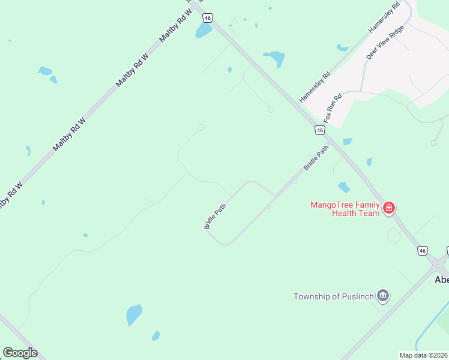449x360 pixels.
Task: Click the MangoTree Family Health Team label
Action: [345, 209]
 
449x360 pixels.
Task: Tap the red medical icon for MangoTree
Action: [389, 208]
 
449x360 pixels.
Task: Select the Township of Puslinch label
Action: [333, 296]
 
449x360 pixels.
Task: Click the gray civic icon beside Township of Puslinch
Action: [383, 296]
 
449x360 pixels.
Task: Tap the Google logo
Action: [20, 352]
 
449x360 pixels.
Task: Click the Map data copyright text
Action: [424, 355]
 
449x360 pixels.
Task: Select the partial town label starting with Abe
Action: [441, 280]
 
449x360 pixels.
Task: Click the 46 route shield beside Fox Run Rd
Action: [320, 130]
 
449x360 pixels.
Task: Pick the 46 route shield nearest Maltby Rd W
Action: [208, 18]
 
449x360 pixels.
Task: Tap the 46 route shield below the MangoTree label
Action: [423, 250]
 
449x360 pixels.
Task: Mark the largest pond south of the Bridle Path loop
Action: [134, 314]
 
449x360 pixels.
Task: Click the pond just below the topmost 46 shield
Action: [203, 31]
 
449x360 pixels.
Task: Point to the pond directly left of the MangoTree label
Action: [344, 187]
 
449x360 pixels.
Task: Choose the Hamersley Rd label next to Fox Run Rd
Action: [315, 88]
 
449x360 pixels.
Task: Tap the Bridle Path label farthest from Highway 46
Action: [215, 217]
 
